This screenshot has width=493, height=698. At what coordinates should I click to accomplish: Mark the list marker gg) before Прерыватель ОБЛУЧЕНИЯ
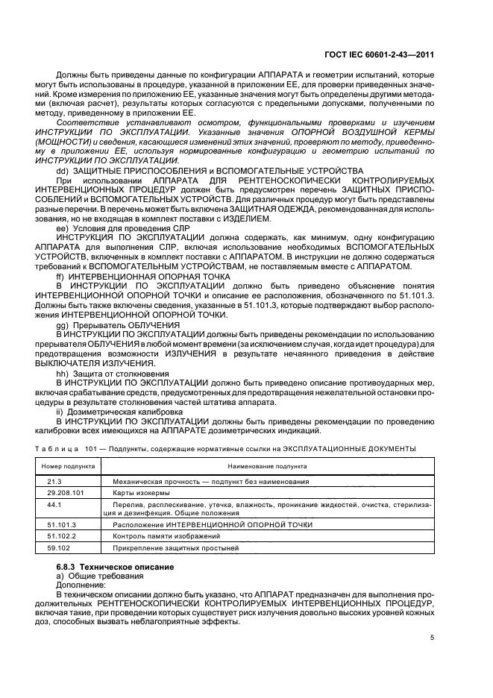(63, 327)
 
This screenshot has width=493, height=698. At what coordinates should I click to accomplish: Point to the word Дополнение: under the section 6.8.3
(75, 586)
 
